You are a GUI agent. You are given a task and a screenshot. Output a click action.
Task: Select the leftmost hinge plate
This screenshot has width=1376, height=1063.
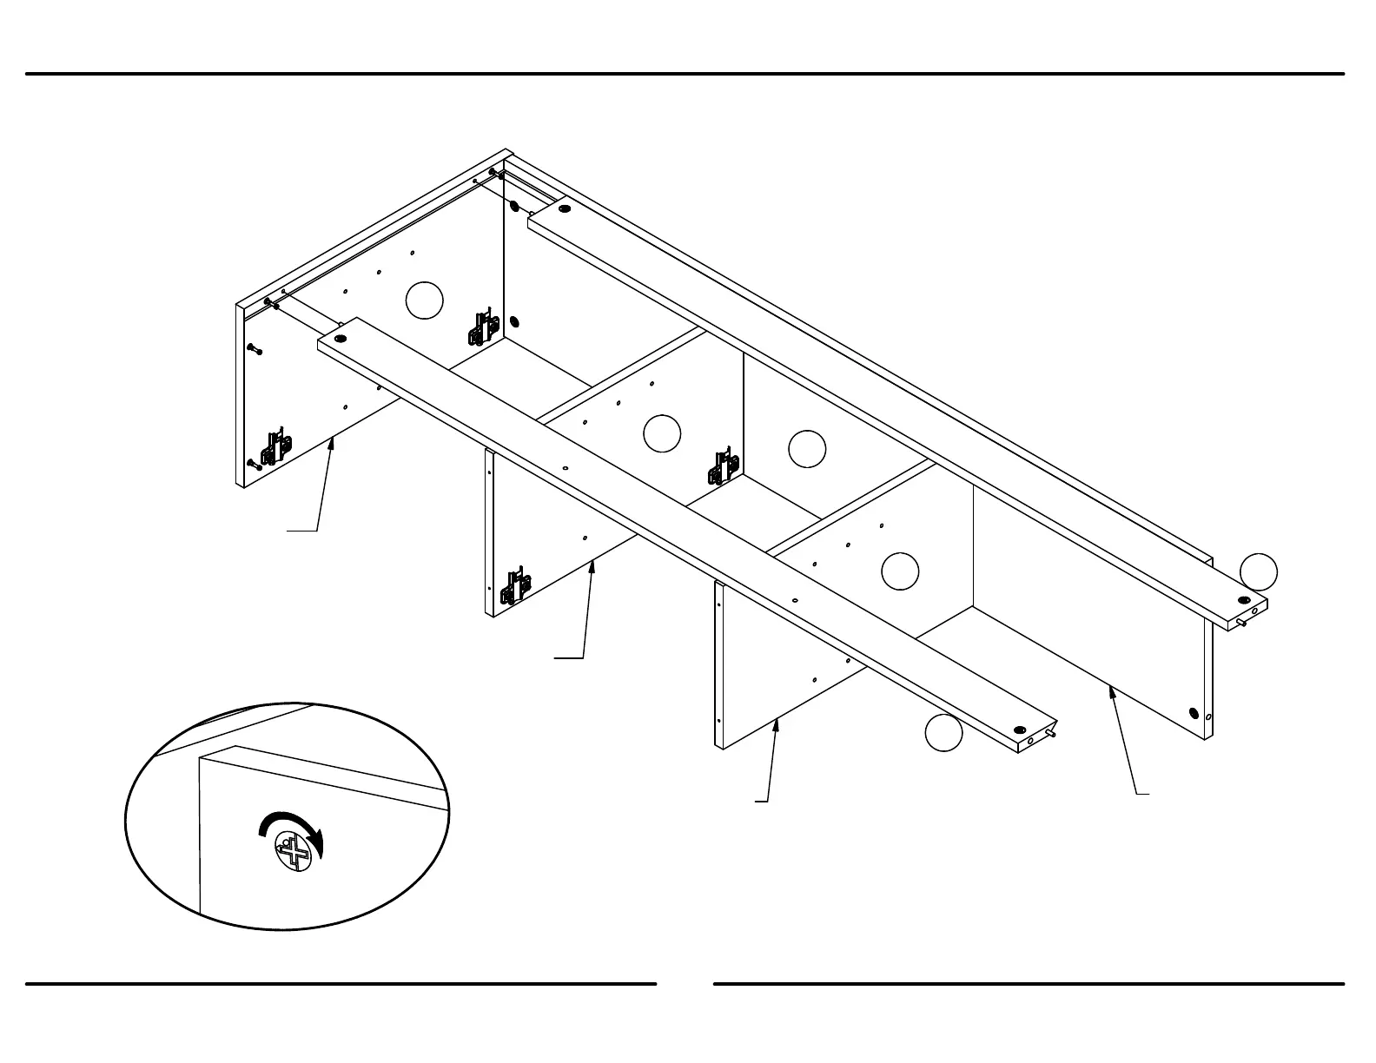coord(277,446)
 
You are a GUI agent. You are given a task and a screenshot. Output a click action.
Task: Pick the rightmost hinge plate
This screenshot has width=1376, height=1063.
coord(723,467)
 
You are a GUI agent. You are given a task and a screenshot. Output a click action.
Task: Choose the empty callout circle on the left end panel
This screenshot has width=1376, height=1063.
coord(425,300)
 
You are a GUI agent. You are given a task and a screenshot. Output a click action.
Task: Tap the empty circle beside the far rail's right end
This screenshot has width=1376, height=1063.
coord(1258,571)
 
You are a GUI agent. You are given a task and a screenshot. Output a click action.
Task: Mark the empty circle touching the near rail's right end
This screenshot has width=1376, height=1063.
coord(943,733)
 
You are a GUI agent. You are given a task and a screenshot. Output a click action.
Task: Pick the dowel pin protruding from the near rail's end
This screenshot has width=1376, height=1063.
coord(1050,735)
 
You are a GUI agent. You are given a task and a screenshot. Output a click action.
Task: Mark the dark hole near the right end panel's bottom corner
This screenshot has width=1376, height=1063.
coord(1194,714)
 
